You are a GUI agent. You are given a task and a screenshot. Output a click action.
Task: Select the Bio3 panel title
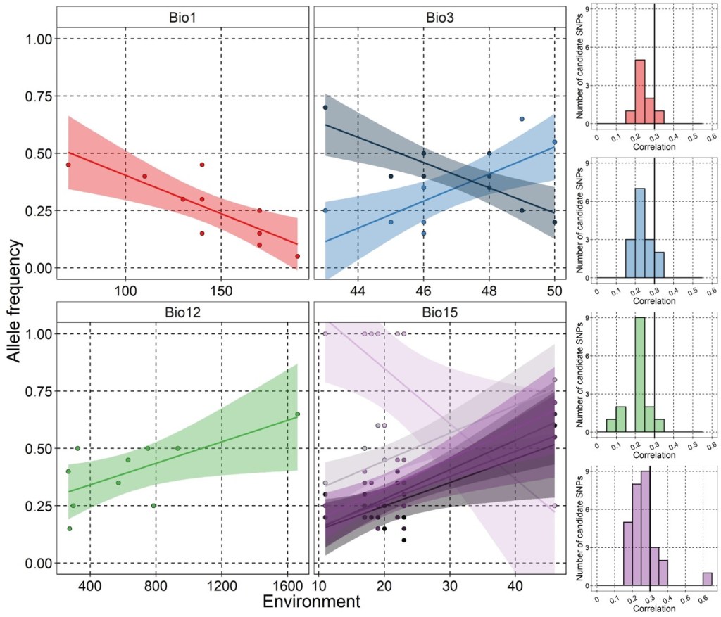440,16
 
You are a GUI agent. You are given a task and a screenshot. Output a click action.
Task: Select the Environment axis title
311,602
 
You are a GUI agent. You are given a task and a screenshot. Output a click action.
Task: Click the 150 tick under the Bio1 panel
221,291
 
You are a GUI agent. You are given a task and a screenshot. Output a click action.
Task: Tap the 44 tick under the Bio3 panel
358,291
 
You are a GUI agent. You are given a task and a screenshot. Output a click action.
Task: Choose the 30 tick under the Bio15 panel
449,585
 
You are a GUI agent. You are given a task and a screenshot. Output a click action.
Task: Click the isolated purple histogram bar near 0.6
707,578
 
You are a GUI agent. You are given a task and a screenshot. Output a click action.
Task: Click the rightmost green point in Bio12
298,414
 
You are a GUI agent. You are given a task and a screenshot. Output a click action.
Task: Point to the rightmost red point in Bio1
298,256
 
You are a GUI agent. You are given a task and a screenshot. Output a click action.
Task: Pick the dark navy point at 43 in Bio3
325,108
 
